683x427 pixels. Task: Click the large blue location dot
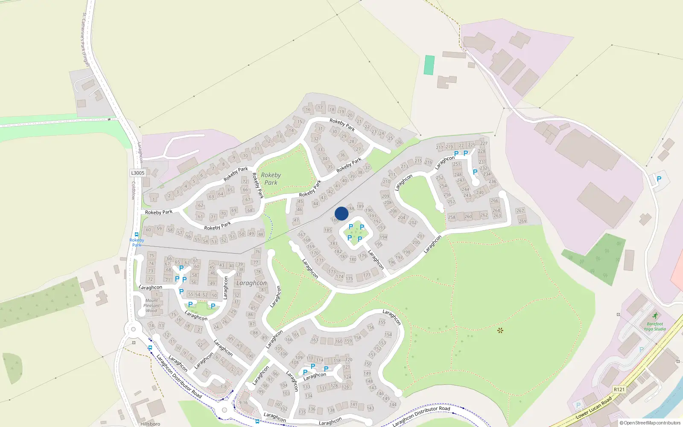[341, 213]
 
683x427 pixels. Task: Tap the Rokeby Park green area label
[271, 179]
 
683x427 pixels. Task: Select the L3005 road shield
[137, 173]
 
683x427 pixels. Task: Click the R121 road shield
[619, 389]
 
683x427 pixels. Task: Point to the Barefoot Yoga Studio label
[655, 326]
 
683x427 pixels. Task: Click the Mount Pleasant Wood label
[152, 305]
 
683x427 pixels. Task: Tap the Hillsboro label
[150, 424]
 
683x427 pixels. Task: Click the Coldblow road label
[134, 190]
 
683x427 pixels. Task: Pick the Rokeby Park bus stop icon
[137, 234]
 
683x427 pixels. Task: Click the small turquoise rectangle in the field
[429, 65]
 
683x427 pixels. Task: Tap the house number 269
[522, 221]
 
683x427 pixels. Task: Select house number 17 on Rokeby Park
[320, 108]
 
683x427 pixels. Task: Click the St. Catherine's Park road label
[85, 39]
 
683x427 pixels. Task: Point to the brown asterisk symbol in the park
[500, 330]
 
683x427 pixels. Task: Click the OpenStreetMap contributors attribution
[650, 423]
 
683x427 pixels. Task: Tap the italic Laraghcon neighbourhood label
[251, 283]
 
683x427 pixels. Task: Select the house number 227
[484, 143]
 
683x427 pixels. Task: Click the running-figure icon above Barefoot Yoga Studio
[655, 316]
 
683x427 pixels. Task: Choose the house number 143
[370, 408]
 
